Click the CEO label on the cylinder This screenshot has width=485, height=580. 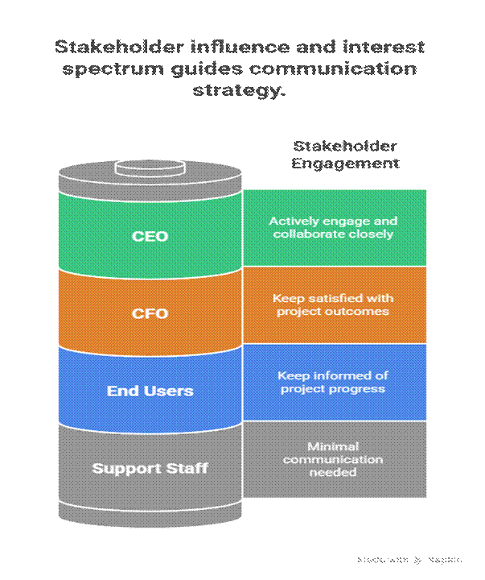coord(150,236)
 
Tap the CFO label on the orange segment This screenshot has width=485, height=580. coord(150,313)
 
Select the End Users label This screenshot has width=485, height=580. coord(150,391)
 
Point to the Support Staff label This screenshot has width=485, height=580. coord(150,468)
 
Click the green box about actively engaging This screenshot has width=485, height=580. coord(334,227)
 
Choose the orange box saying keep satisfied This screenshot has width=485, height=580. coord(334,304)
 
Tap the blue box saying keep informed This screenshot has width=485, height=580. coord(334,382)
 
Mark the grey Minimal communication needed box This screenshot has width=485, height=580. coord(334,459)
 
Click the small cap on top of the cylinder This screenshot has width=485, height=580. coord(149,168)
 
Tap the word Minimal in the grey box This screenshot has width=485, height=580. coord(333,446)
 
